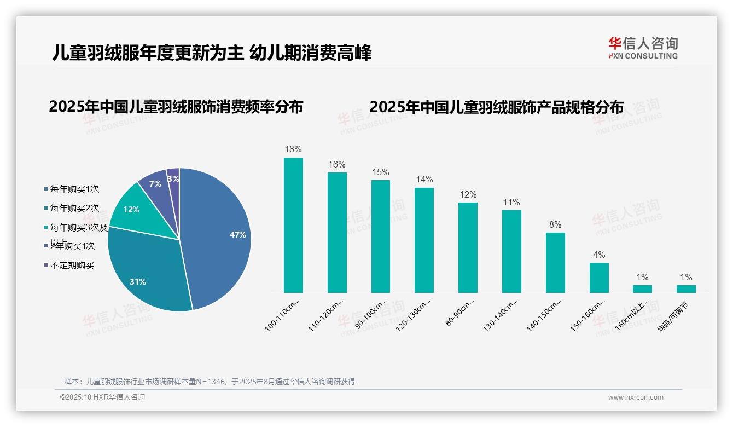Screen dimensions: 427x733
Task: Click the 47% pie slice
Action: [219, 235]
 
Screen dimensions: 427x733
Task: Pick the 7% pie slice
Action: [155, 183]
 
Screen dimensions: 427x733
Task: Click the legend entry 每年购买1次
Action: [74, 189]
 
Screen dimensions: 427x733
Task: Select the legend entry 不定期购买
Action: [72, 266]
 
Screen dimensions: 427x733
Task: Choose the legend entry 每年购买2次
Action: [74, 209]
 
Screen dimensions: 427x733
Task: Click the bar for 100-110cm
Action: [293, 225]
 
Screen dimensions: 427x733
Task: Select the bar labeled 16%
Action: [337, 233]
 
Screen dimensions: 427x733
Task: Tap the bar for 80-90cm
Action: [468, 247]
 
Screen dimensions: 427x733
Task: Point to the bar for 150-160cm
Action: [599, 278]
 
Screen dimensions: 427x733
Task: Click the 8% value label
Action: [555, 224]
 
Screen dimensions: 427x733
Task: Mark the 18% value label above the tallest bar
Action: [293, 149]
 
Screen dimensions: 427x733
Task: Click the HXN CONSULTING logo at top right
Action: [643, 48]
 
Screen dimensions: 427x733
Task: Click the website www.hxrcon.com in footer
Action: [636, 397]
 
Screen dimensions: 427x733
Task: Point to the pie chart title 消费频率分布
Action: [176, 107]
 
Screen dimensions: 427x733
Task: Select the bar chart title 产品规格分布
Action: [496, 107]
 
